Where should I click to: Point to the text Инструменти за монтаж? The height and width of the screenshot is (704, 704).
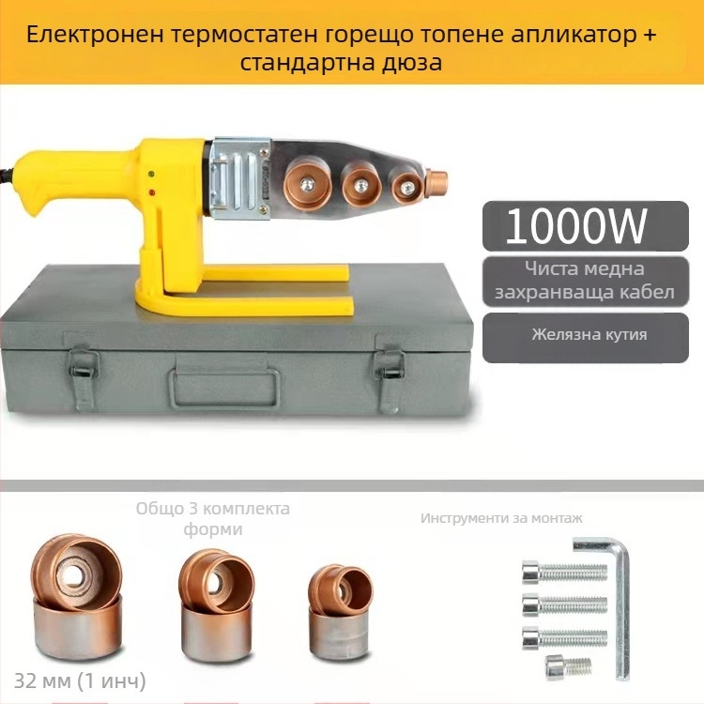pyautogui.click(x=501, y=518)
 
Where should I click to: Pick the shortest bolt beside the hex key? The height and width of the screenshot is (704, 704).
pyautogui.click(x=569, y=666)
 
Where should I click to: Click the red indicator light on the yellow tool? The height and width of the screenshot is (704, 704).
pyautogui.click(x=150, y=193)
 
